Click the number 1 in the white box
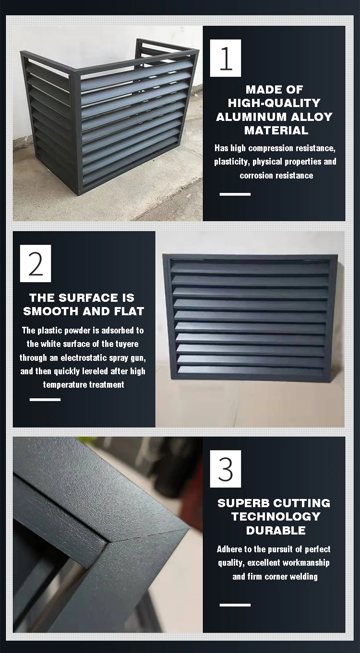(226, 58)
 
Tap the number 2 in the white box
(36, 263)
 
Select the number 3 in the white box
(226, 469)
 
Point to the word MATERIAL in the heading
(276, 130)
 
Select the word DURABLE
(276, 530)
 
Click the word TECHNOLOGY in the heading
(276, 517)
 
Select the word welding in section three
(302, 577)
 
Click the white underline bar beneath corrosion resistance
(235, 194)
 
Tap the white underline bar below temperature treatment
(45, 399)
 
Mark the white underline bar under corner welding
(235, 605)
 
